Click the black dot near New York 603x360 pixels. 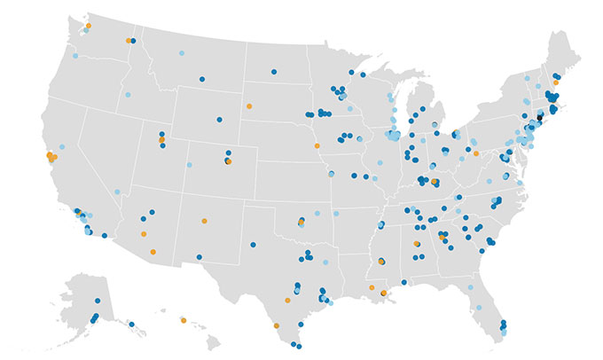click(538, 116)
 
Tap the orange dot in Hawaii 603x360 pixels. click(184, 320)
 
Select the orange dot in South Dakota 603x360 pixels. click(249, 106)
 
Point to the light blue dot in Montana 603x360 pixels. click(182, 54)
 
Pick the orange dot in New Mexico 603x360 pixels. click(205, 221)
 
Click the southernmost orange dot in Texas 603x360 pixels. click(278, 325)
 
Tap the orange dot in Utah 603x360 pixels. click(161, 139)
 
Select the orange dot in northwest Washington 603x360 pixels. click(88, 27)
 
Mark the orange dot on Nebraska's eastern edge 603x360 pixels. click(317, 145)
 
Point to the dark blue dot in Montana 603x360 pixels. click(201, 78)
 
